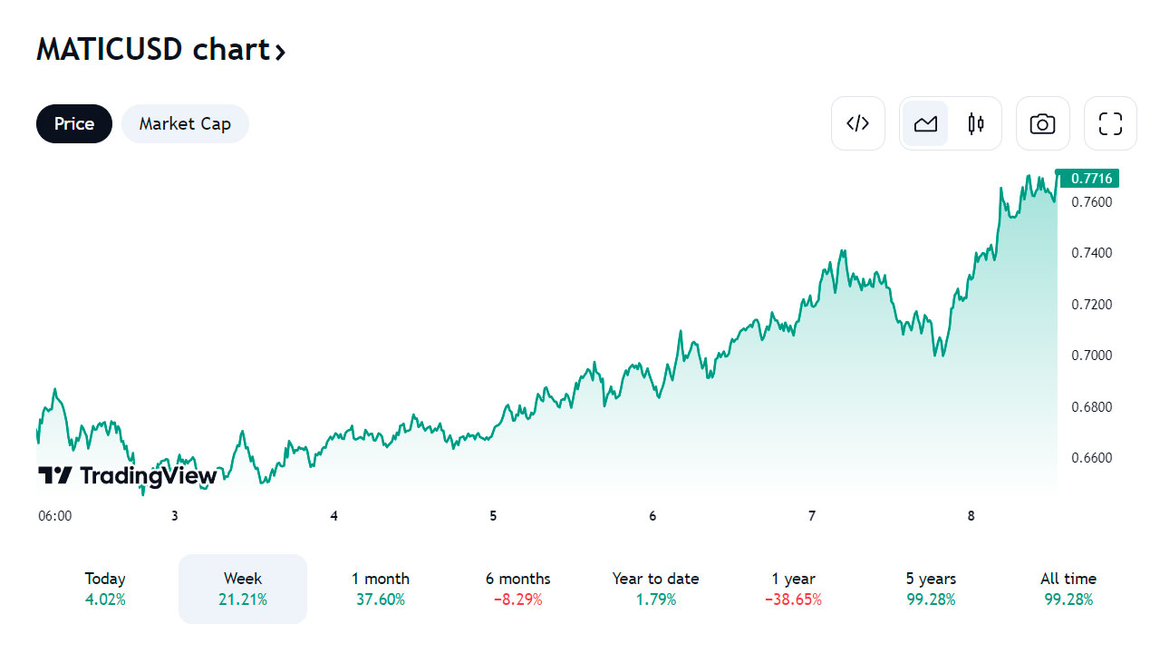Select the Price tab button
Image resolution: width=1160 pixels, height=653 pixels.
74,124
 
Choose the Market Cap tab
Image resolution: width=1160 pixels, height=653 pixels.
185,124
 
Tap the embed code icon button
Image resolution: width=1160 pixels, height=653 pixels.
858,123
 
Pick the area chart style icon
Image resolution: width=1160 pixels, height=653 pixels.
925,123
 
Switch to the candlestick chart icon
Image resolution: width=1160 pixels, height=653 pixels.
976,123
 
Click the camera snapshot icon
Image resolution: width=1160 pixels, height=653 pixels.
1043,123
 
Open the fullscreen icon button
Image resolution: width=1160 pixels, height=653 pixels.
1110,123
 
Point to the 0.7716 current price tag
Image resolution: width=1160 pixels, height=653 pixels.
1090,178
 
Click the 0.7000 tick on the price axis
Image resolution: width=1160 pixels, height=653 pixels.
1092,355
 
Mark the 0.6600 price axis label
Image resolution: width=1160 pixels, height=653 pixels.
1092,457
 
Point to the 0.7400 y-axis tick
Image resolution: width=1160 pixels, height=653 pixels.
1092,252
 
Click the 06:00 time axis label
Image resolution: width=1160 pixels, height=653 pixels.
54,516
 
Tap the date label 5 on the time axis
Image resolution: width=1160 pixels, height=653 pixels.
493,516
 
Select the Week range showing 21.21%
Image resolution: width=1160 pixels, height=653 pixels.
243,589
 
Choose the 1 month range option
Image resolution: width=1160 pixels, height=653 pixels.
381,589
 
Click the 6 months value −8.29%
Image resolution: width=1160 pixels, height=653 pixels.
517,599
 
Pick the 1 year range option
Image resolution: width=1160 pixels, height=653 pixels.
793,589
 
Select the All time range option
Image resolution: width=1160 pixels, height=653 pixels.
1068,589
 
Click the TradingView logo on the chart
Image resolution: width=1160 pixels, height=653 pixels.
128,475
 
